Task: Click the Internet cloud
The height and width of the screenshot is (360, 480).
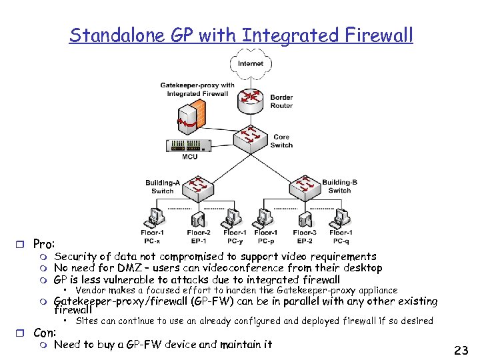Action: click(x=250, y=65)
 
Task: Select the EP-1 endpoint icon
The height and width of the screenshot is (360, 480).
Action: click(x=198, y=219)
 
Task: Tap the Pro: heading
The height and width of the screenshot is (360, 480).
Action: click(x=44, y=244)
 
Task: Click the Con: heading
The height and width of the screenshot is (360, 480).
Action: click(x=44, y=332)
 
